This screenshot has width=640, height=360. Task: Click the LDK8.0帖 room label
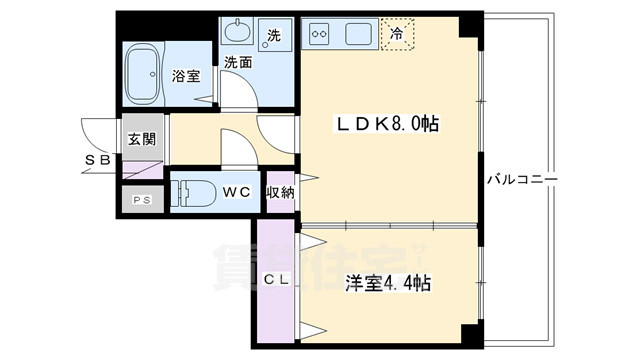[x=388, y=125]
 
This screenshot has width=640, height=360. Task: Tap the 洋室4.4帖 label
[x=389, y=284]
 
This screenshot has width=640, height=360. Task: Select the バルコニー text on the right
[x=522, y=180]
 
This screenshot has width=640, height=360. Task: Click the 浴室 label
[x=185, y=75]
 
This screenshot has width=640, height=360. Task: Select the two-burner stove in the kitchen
[x=323, y=34]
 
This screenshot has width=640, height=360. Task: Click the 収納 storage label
[x=279, y=192]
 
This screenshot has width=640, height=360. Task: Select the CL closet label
[x=276, y=281]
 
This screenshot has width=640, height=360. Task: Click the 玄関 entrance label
[x=141, y=139]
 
